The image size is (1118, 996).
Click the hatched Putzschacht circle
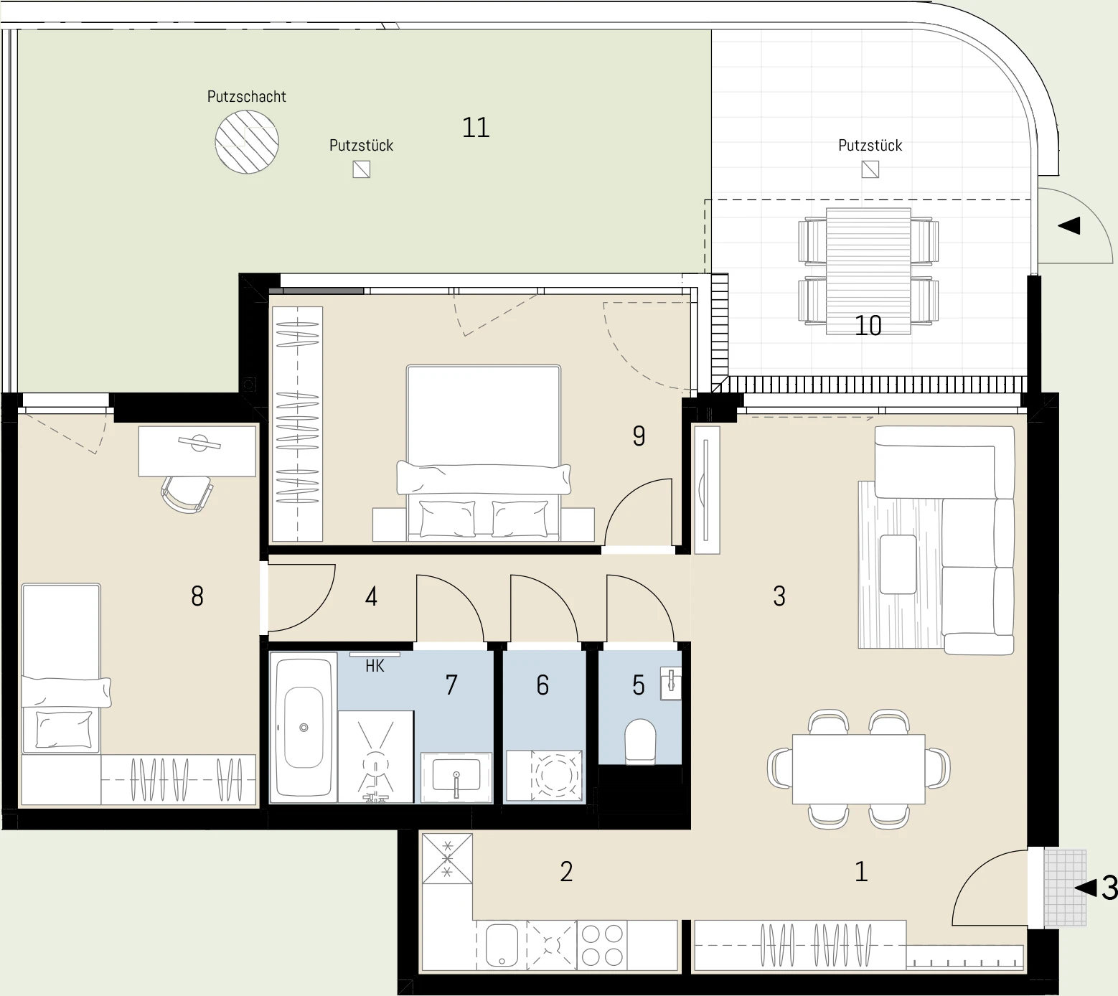(247, 141)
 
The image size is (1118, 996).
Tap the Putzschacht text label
(247, 96)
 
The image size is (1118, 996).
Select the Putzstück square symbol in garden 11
(362, 169)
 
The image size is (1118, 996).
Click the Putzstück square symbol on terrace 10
(870, 169)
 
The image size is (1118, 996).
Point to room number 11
(476, 128)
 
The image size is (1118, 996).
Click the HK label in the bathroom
(375, 666)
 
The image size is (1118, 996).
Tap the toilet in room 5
(641, 741)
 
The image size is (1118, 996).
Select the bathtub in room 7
(304, 727)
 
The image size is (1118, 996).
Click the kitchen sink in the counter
(502, 944)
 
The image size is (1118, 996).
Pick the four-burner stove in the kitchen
(602, 945)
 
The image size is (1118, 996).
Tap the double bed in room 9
(483, 452)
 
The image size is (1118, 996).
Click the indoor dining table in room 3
(858, 769)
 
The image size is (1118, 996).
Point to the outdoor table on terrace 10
(868, 271)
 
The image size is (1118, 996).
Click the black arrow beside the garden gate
(1069, 226)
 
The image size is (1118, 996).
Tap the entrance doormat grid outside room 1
(1065, 888)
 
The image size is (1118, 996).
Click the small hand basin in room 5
(671, 684)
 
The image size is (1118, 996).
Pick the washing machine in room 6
(555, 776)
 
